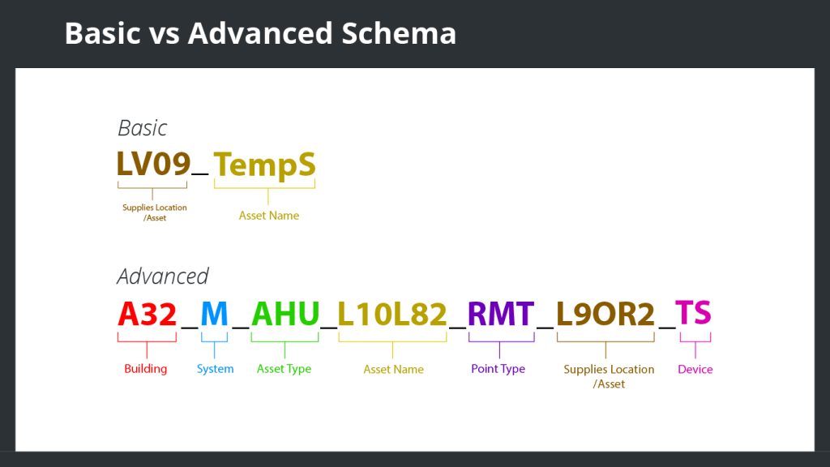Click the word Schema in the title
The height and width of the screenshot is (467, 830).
tap(399, 32)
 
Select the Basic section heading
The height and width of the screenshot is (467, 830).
tap(143, 128)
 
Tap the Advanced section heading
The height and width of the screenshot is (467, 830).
tap(163, 276)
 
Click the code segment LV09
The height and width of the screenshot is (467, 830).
tap(153, 164)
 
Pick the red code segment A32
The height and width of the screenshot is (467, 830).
tap(148, 314)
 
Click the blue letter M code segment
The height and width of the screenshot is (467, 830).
tap(214, 314)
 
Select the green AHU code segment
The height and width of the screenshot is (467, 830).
tap(285, 314)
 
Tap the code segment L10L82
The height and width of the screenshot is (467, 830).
tap(392, 314)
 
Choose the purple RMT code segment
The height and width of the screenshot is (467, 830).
tap(501, 314)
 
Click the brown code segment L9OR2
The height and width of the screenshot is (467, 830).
tap(605, 314)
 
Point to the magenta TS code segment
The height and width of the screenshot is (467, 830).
tap(694, 312)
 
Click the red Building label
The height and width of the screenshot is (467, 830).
tap(146, 369)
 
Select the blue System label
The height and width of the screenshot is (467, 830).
tap(215, 369)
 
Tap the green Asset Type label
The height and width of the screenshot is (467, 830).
tap(284, 369)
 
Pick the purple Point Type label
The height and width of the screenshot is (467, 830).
tap(498, 369)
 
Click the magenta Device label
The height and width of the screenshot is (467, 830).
tap(695, 369)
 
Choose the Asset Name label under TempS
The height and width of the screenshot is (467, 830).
tap(269, 216)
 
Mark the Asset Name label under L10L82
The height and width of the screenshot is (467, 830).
tap(393, 369)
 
